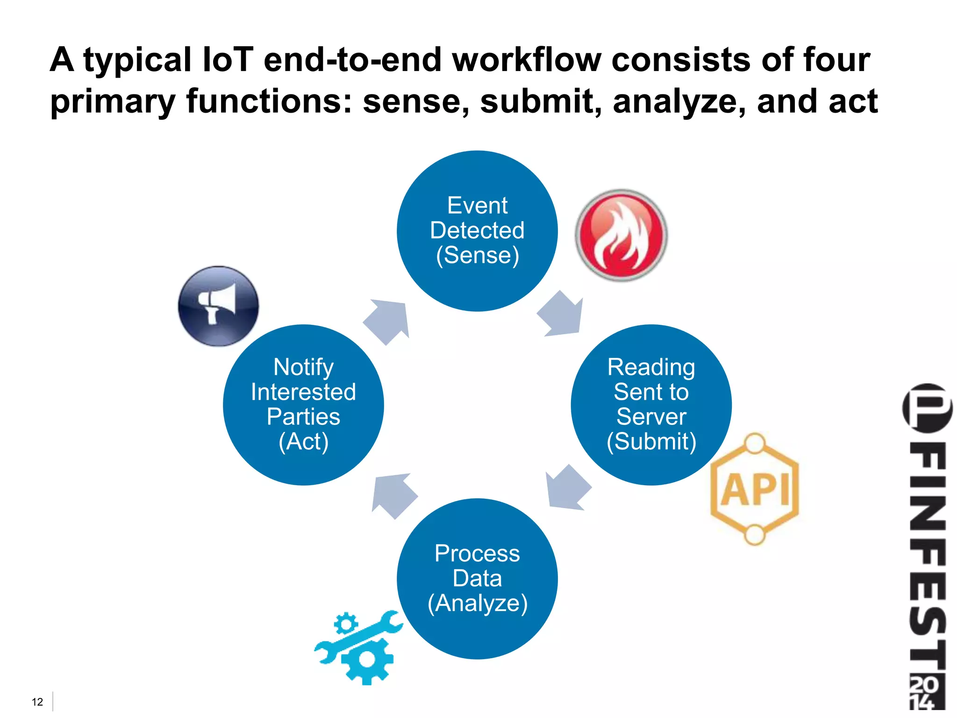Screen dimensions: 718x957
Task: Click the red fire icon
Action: pyautogui.click(x=621, y=235)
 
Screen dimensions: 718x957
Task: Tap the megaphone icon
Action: pyautogui.click(x=218, y=306)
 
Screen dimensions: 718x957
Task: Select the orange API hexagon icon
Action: pyautogui.click(x=755, y=489)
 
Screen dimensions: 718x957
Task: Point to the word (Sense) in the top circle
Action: pyautogui.click(x=477, y=255)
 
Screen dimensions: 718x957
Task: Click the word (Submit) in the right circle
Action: pyautogui.click(x=651, y=441)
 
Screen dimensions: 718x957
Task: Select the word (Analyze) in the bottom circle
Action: pyautogui.click(x=477, y=603)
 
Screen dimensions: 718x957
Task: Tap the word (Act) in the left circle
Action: pyautogui.click(x=303, y=441)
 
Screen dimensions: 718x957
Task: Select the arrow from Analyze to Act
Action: pyautogui.click(x=393, y=495)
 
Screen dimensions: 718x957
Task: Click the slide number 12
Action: pyautogui.click(x=37, y=702)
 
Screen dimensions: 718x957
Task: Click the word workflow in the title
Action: pyautogui.click(x=527, y=60)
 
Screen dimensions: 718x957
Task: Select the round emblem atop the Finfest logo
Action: pyautogui.click(x=927, y=407)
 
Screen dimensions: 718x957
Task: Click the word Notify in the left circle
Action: pyautogui.click(x=303, y=367)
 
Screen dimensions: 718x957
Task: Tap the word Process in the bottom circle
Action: pyautogui.click(x=477, y=553)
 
